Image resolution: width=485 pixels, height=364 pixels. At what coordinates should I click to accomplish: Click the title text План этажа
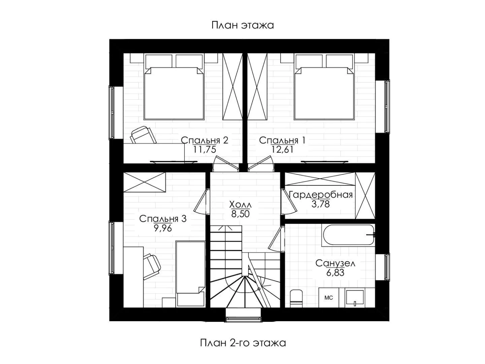coord(243,25)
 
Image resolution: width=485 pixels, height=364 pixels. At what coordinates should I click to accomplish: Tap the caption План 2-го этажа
coord(243,343)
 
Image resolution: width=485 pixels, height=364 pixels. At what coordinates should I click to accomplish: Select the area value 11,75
coord(204,150)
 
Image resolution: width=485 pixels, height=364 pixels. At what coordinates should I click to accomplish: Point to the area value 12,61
coord(282,150)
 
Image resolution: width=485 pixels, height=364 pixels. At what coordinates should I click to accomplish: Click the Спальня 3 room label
coord(163,219)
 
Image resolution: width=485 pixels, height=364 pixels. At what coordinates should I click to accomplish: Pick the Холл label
coord(240,205)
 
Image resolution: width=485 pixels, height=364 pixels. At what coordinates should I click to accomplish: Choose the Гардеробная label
coord(321,195)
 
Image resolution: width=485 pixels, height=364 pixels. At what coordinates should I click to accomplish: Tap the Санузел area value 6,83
coord(335,273)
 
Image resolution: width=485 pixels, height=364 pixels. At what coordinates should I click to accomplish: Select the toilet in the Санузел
coord(296,298)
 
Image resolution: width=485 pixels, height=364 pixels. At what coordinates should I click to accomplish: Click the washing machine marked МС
coord(329,298)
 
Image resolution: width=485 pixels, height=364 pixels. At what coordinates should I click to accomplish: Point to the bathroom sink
coord(355,298)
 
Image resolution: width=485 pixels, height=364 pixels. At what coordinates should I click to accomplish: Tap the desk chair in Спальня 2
coord(143,135)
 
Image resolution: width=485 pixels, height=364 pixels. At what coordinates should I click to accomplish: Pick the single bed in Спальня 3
coord(191,274)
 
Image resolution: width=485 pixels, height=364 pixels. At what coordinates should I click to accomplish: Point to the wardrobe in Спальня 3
coord(144,182)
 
